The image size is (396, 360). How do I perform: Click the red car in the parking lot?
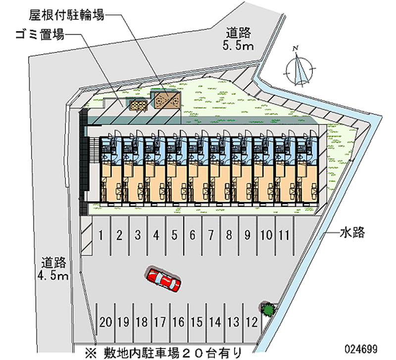(163, 280)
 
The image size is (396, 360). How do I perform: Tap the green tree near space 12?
(268, 309)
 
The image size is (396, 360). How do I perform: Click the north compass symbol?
(299, 68)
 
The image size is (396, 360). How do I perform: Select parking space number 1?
(101, 235)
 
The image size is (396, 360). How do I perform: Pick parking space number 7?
(211, 235)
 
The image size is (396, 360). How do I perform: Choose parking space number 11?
(284, 235)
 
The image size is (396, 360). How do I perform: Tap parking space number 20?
(105, 322)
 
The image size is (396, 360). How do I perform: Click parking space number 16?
(179, 322)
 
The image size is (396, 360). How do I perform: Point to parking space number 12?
(252, 322)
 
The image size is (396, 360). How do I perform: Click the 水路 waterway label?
(352, 232)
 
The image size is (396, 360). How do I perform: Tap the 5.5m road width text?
(238, 46)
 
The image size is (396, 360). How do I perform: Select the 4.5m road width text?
(53, 276)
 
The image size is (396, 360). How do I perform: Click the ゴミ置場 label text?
(40, 34)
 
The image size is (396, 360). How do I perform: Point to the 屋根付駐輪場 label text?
(67, 15)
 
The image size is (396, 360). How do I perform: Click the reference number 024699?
(361, 349)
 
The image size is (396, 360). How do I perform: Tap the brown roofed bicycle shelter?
(167, 100)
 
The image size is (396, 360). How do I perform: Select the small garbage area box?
(138, 105)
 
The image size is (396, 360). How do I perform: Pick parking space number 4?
(156, 235)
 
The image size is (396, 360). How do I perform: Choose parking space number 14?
(215, 322)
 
